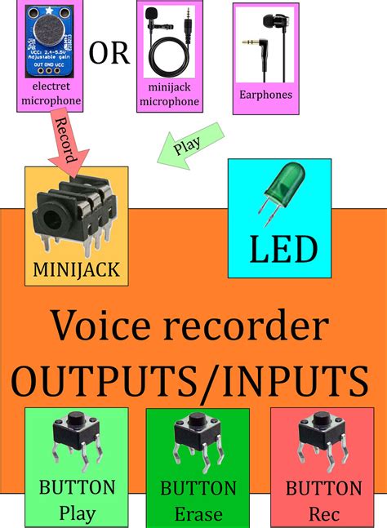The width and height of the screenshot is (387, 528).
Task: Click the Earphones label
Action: (x=265, y=95)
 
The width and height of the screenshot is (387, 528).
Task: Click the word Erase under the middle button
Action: (x=198, y=514)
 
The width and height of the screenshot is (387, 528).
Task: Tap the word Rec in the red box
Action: (x=324, y=514)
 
